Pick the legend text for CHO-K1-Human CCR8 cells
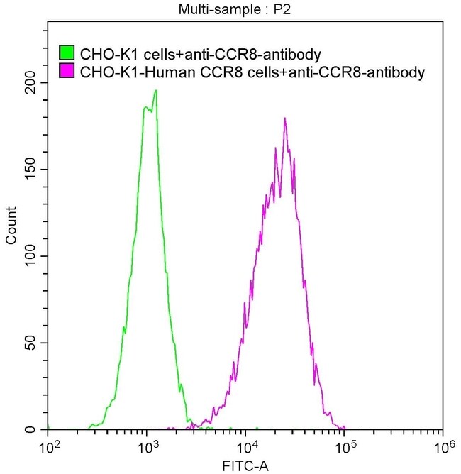pyautogui.click(x=252, y=72)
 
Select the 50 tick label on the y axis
pyautogui.click(x=33, y=343)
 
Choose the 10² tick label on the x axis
pyautogui.click(x=48, y=448)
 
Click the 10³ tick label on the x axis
pyautogui.click(x=147, y=448)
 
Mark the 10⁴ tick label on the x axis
pyautogui.click(x=245, y=448)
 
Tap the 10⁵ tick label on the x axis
pyautogui.click(x=344, y=448)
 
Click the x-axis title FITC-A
pyautogui.click(x=245, y=465)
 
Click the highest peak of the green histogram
pyautogui.click(x=155, y=91)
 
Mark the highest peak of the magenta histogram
pyautogui.click(x=284, y=118)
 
